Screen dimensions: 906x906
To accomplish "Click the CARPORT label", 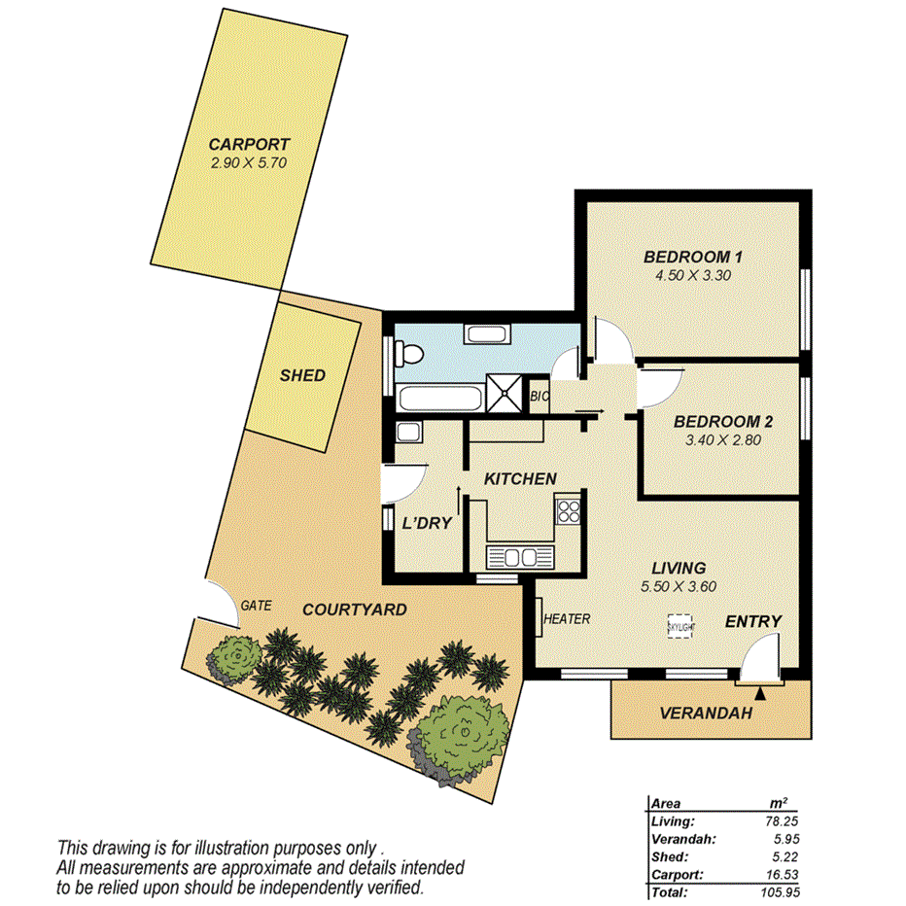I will click(250, 144).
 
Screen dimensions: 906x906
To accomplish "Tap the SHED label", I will click(302, 375).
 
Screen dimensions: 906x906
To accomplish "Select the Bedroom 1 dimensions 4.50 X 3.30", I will click(693, 275).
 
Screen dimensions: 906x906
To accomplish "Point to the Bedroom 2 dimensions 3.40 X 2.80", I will click(722, 439).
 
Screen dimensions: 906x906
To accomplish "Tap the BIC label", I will click(540, 398).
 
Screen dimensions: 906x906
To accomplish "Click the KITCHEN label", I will click(520, 478).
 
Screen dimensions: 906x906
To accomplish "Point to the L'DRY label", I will click(427, 523).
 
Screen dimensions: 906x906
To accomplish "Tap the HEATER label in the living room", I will click(567, 619).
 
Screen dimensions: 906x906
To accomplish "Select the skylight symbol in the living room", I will click(680, 626).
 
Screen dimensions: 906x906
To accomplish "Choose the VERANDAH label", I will click(707, 713).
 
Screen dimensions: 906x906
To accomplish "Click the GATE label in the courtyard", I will click(256, 605).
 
